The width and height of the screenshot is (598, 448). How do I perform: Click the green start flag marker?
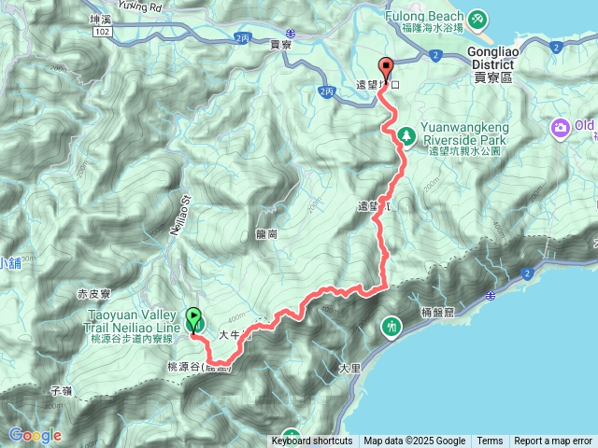[194, 320]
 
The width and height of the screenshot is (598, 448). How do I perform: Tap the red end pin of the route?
[385, 68]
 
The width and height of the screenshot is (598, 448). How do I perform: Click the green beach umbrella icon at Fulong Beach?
[477, 18]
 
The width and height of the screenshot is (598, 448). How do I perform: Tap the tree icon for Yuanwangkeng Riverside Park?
[406, 136]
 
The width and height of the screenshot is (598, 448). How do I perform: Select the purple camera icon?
[561, 128]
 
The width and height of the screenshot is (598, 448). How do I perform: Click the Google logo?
[35, 435]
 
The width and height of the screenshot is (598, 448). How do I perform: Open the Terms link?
[490, 441]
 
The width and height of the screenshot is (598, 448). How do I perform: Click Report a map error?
[553, 441]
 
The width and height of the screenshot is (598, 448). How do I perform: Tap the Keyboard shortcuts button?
[312, 441]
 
